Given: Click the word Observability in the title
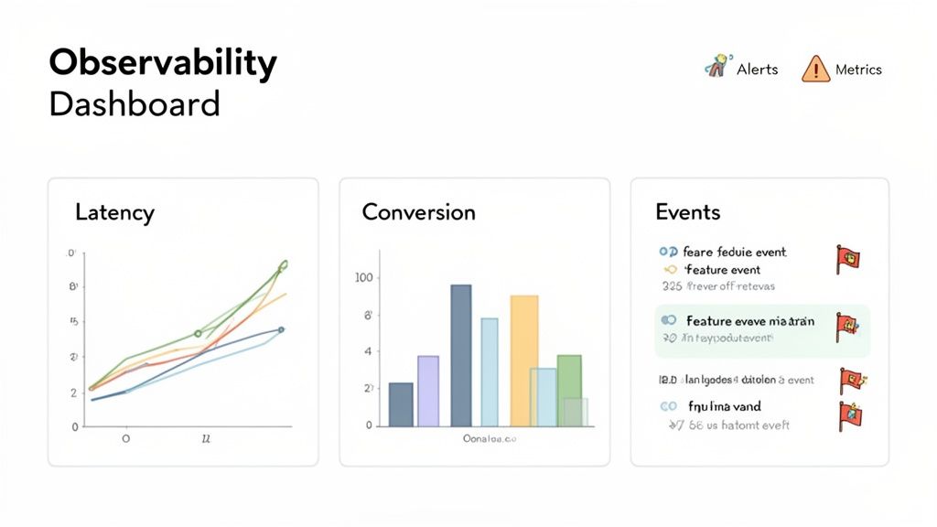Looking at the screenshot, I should [x=162, y=64].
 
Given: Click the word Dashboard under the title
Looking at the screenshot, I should [x=135, y=104].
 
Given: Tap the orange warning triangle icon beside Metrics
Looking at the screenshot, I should [x=814, y=70].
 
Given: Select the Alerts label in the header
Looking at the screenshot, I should [x=757, y=70].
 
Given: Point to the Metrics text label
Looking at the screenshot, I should [x=858, y=70].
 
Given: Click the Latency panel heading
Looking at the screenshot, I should [x=114, y=213].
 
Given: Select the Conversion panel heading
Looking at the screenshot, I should [x=418, y=213].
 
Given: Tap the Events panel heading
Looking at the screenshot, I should [x=687, y=212].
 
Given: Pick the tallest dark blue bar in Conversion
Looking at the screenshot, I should [x=461, y=355].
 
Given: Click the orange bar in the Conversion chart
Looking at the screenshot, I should [x=523, y=360].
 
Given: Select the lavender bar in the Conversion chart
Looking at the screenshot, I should [x=428, y=391].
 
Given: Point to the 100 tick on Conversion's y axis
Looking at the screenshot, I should [x=363, y=278].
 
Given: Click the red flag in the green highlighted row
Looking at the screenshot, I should [x=846, y=327].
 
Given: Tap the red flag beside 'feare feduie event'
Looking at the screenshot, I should [x=846, y=259].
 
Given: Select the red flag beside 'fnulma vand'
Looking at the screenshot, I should [x=849, y=414].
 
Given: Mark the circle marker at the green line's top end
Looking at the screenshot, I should [x=283, y=264].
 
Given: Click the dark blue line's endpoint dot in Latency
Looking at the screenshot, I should [x=281, y=329].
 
